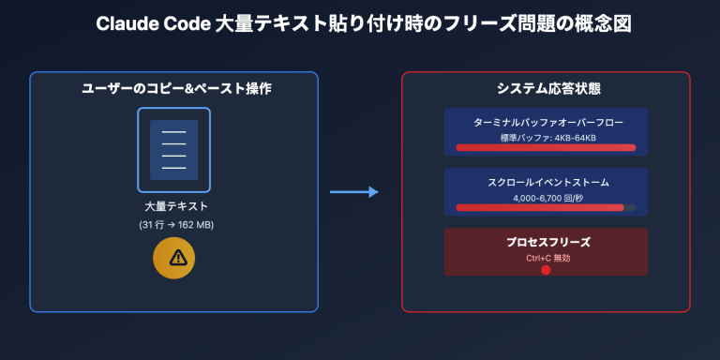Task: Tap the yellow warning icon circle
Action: [x=174, y=259]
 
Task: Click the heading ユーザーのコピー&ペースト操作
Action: [x=174, y=88]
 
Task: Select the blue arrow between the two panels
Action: [x=353, y=192]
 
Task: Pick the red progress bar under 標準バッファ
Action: [x=546, y=147]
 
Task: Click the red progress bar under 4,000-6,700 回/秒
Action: [x=539, y=207]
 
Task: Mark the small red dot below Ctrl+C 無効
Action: [x=546, y=270]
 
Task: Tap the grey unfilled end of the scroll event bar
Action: [x=630, y=207]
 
